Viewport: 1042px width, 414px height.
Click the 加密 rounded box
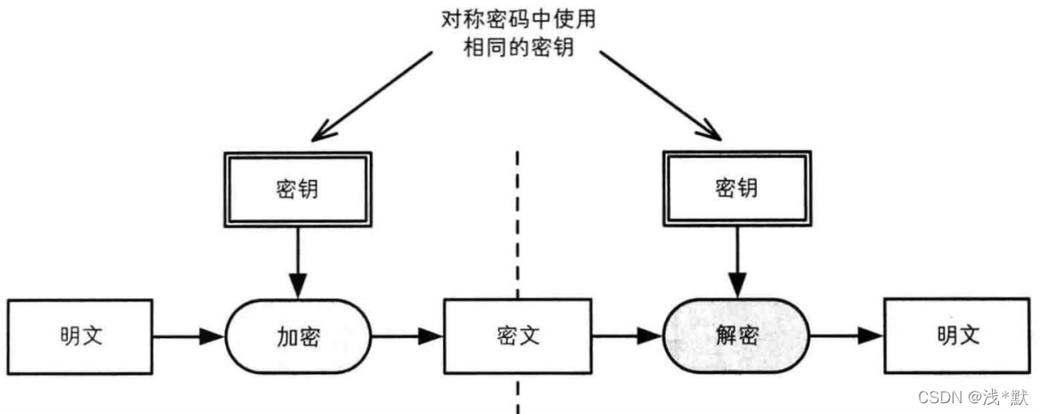[297, 336]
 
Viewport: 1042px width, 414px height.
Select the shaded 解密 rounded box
[736, 336]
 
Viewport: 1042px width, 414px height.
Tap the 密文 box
[517, 336]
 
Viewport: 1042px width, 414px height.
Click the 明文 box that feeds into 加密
[80, 336]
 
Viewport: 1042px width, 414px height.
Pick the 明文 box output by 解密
[957, 336]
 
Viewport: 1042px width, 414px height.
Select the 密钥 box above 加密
[297, 189]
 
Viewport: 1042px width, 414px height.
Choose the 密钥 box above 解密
[736, 189]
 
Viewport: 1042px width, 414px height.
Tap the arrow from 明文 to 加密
[188, 337]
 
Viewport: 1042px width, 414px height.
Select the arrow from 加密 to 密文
[407, 337]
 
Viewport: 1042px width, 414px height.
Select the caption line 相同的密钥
[517, 48]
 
